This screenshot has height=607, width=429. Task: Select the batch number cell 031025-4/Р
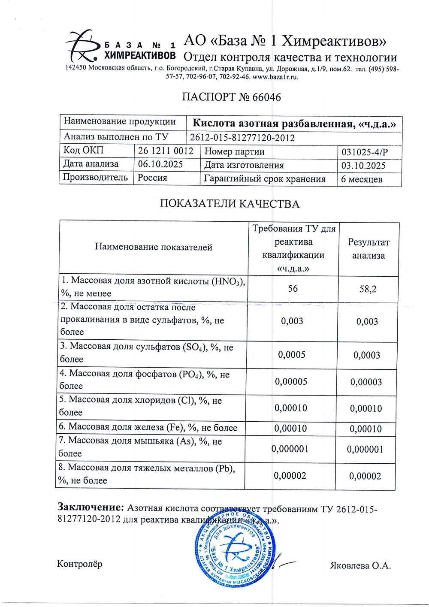365,152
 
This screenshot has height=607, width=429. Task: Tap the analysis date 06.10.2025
160,164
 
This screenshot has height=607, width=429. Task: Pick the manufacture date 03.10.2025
363,166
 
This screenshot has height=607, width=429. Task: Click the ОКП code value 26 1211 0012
166,151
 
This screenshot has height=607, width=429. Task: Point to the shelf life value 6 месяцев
362,179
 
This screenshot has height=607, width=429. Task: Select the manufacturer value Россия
152,178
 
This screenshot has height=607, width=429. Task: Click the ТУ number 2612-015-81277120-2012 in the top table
242,138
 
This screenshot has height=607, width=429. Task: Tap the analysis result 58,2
368,289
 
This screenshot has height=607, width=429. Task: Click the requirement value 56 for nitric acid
293,288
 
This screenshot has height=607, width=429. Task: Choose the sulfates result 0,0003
366,355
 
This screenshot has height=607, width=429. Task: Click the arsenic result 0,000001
365,450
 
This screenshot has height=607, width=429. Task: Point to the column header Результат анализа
369,249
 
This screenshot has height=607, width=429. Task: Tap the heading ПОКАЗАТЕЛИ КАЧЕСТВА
230,204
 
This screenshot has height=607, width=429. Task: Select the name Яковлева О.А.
360,565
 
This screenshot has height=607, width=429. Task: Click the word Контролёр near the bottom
80,564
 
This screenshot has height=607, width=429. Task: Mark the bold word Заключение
91,507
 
